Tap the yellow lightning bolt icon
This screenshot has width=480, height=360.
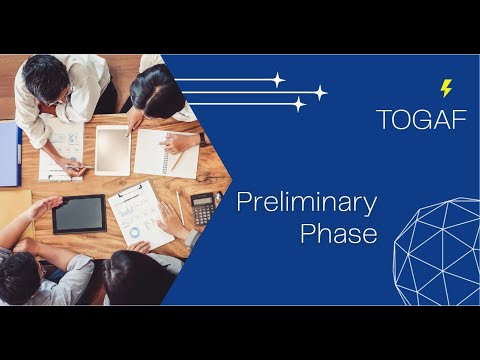(x=446, y=88)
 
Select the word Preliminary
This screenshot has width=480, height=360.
(x=306, y=203)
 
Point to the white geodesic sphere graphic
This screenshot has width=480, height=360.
(x=437, y=251)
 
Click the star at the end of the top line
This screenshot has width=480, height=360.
(x=278, y=80)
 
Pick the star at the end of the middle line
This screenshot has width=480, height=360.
(x=320, y=93)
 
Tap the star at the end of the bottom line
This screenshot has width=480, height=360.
(x=298, y=104)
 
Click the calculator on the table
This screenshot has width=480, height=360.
(x=203, y=206)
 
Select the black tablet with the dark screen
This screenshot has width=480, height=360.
(x=78, y=213)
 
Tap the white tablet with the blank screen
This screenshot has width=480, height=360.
(x=112, y=151)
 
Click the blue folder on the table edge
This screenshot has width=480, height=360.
(x=9, y=153)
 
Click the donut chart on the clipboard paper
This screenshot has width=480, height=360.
(x=133, y=232)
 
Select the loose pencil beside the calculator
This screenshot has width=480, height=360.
(x=180, y=207)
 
